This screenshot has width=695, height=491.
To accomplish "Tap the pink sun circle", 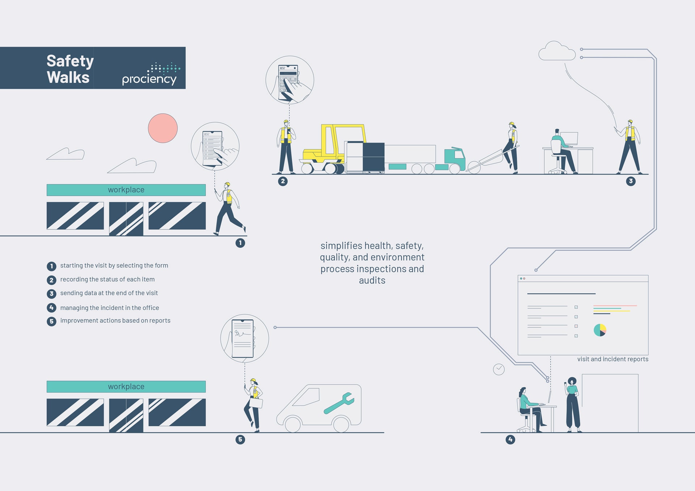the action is coord(163,128).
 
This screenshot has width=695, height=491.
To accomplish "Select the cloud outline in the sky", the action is coord(557,51).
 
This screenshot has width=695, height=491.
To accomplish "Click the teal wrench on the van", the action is coord(339,403).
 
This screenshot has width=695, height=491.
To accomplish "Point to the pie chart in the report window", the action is coord(600,330).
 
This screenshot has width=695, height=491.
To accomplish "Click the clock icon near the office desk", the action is coord(499,369).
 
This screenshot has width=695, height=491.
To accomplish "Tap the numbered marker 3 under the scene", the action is coord(631,181).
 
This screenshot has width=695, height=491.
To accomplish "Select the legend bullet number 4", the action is coord(51,308).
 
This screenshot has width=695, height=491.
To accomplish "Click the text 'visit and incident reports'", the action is coord(613,359).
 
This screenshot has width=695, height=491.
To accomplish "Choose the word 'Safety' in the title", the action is coord(70,61).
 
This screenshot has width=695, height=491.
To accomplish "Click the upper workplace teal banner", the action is coord(126,190).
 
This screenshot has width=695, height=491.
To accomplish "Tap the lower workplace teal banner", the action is coord(126,387).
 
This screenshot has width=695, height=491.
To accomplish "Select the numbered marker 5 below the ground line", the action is coord(240,440).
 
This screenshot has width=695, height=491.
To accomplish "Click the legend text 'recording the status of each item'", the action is coord(108,279).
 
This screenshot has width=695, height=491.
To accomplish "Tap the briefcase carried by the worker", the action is coord(256,403).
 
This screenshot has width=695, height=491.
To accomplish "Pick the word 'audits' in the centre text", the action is coord(372,280).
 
